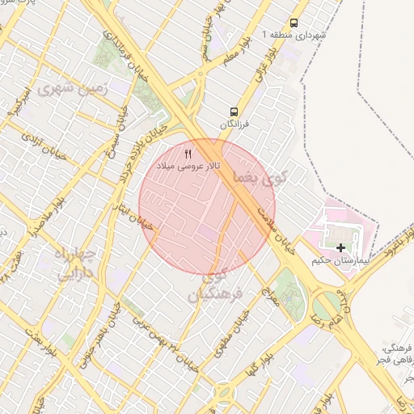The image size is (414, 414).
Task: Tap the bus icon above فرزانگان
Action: pos(234,112)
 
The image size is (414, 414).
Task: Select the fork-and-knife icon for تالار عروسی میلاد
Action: pos(188,153)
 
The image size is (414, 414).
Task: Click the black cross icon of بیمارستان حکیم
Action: pos(341,247)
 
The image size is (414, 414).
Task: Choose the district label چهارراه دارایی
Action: pos(74,264)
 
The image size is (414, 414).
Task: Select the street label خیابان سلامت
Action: pos(274,223)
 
